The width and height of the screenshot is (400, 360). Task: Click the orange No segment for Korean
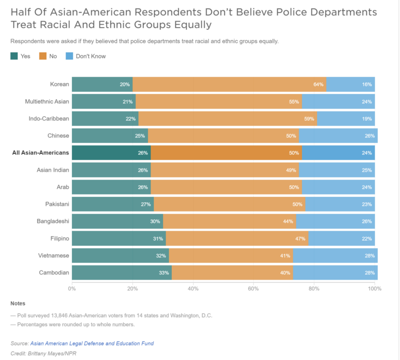coord(229,85)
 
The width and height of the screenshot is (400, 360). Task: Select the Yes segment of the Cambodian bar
coord(121,273)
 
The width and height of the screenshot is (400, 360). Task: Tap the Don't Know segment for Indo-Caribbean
coord(346,119)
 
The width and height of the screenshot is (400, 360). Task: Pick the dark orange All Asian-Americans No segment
coord(225,153)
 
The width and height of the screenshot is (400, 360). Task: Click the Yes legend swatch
coord(14,56)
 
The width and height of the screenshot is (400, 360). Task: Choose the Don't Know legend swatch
coord(69,56)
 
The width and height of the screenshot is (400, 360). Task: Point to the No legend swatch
coord(43,56)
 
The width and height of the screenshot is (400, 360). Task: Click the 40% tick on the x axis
coord(193,289)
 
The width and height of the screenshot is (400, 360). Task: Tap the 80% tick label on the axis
coord(314,289)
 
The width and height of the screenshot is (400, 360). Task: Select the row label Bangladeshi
coord(53,221)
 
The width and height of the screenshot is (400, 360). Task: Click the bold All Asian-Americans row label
coord(41,153)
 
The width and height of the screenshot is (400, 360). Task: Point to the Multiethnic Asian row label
coord(47,102)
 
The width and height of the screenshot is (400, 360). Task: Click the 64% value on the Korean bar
coord(319,85)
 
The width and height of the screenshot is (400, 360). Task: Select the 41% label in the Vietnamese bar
coord(285,256)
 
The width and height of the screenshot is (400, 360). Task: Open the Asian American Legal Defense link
coord(92,343)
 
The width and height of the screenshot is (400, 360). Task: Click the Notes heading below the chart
coord(18,303)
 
